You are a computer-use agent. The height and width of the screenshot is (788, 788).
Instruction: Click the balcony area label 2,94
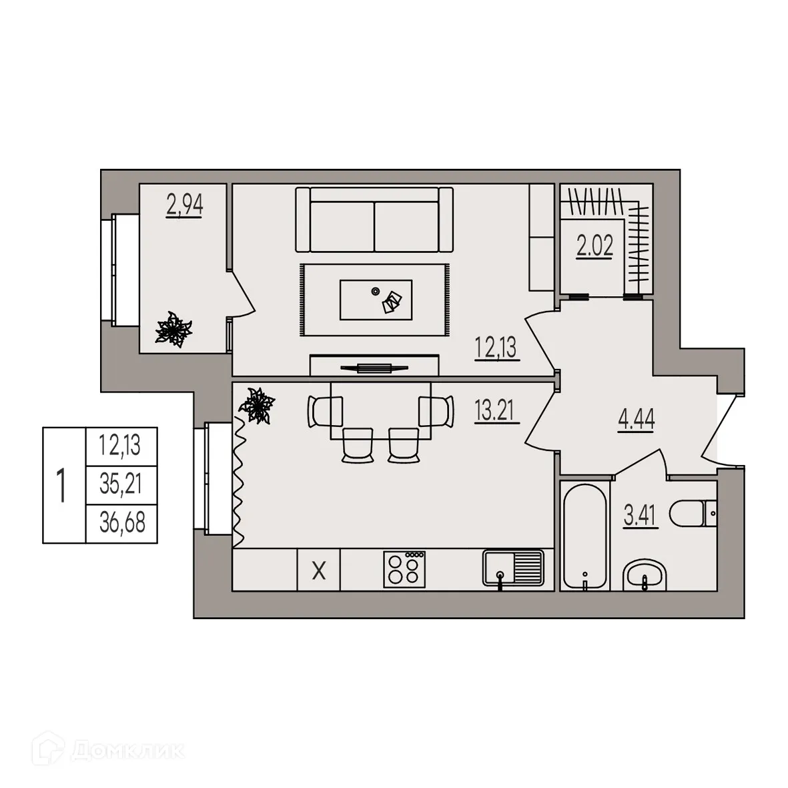[x=184, y=205]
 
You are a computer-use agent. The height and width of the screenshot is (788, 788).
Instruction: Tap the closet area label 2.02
[x=595, y=246]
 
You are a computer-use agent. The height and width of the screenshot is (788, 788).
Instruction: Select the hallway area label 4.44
[x=637, y=419]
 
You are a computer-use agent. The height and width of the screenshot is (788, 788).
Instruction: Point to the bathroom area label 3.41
[x=641, y=515]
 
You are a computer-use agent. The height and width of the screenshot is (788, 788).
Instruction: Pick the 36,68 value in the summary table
[x=122, y=523]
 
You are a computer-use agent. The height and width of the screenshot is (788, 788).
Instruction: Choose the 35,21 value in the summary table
[x=121, y=484]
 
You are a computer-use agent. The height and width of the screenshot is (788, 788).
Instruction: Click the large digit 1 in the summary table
[x=61, y=486]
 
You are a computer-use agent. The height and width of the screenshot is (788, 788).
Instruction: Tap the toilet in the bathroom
[x=693, y=513]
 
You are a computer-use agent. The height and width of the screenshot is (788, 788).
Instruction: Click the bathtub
[x=584, y=536]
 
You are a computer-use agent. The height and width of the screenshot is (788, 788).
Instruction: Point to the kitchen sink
[x=513, y=568]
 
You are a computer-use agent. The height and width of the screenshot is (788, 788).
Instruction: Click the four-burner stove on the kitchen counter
[x=404, y=569]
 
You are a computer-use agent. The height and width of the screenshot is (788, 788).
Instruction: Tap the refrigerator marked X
[x=319, y=570]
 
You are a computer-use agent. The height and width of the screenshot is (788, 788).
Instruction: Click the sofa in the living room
[x=374, y=220]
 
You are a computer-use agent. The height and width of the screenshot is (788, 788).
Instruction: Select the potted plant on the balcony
[x=173, y=329]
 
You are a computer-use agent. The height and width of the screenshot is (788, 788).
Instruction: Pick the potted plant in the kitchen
[x=257, y=406]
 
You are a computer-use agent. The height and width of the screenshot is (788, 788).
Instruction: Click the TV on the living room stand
[x=374, y=368]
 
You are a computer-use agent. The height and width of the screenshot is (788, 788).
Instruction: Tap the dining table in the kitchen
[x=380, y=410]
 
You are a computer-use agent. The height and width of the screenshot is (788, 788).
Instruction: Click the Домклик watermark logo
[x=107, y=751]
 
